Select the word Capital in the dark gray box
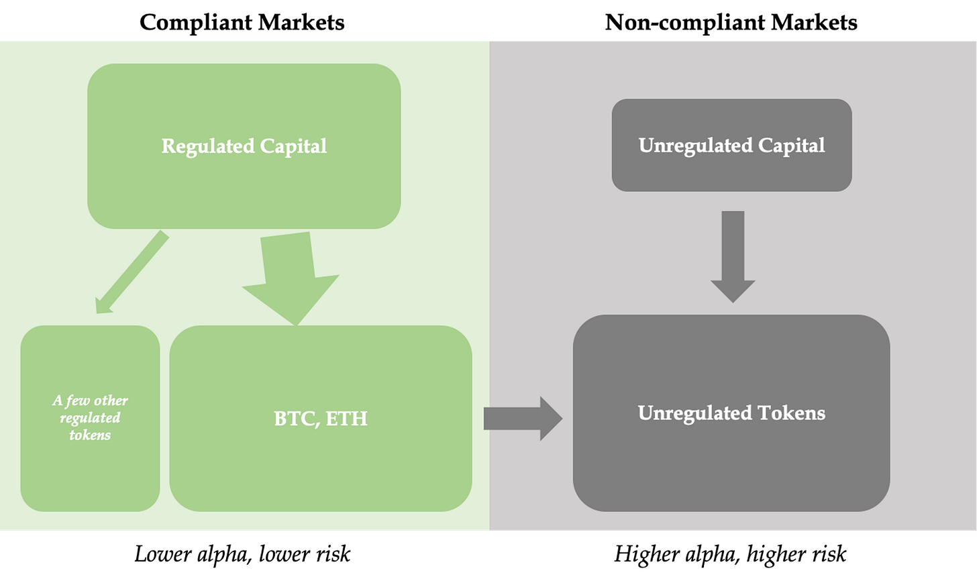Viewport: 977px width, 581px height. point(792,146)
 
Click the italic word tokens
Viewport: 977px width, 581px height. point(90,435)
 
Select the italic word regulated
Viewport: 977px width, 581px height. point(90,418)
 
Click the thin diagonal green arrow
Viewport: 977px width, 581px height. point(132,272)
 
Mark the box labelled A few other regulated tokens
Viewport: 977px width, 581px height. point(90,470)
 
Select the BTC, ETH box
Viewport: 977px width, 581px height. point(321,470)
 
